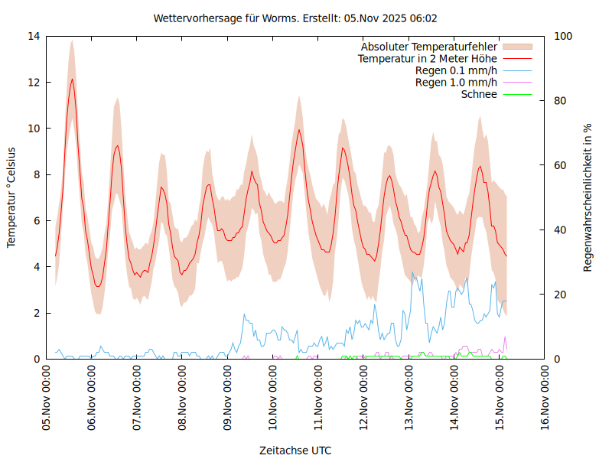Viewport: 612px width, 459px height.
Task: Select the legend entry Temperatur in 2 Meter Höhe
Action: [x=427, y=58]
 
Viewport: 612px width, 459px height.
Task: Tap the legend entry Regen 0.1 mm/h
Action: [x=456, y=70]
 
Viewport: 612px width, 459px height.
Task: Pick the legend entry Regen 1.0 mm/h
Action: [x=456, y=83]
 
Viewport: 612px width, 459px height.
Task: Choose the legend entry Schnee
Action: [x=479, y=94]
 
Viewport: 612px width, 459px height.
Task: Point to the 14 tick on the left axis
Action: [x=34, y=36]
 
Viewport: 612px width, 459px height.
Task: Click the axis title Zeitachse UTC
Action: [x=295, y=450]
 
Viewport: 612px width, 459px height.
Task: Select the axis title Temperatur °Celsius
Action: [x=11, y=197]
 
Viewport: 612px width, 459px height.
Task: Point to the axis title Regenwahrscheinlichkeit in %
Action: [x=588, y=197]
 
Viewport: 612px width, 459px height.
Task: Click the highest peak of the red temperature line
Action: [x=73, y=79]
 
